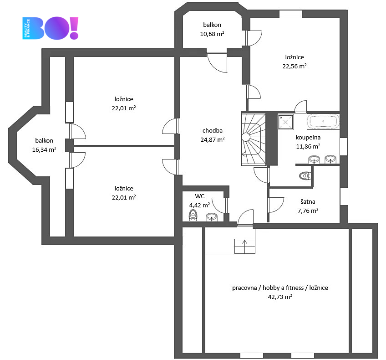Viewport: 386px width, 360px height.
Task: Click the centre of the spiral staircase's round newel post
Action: coord(246,137)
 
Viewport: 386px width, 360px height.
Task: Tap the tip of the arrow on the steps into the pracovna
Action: coord(244,240)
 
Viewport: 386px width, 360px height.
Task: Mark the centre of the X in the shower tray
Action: coord(285,122)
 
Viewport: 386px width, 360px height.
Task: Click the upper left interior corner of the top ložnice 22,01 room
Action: coord(74,57)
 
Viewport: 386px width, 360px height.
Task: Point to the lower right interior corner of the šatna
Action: coord(340,223)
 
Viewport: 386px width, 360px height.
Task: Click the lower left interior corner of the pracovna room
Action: coord(205,352)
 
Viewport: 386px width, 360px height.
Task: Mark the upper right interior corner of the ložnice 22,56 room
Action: coord(340,18)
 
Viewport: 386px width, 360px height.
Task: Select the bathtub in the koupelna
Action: coord(323,121)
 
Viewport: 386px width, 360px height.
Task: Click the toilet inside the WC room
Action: coord(193,215)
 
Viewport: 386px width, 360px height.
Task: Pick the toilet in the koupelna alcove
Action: coord(305,176)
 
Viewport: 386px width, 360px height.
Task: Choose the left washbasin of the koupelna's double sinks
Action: coord(314,159)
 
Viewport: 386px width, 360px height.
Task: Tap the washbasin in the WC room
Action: coord(212,217)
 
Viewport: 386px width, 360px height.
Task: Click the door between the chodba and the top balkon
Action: coord(217,62)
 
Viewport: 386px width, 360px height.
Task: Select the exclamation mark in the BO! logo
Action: coord(74,28)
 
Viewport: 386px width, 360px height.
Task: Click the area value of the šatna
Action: coord(308,211)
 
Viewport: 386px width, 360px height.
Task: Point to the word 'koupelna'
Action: coord(308,137)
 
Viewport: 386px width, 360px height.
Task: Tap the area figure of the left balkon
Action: coord(44,149)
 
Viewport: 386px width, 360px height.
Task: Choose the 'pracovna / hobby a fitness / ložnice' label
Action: coord(280,288)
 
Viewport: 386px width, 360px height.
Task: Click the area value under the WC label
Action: coord(199,205)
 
